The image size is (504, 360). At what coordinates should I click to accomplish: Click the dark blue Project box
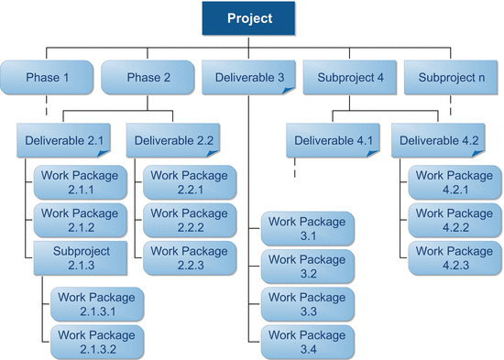pos(249,18)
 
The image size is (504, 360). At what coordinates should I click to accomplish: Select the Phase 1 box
pos(47,77)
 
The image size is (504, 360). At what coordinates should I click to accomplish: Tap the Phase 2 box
pos(148,77)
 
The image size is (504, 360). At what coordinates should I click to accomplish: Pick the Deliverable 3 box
pos(249,77)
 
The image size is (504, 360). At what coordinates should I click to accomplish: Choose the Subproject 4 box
pos(350,77)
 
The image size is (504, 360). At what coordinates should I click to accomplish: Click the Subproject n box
pos(452,77)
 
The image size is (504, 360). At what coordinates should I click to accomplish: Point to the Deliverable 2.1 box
pos(61,141)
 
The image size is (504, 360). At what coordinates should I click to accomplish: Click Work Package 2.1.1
pos(79,181)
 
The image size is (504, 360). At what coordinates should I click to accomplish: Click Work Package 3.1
pos(307,227)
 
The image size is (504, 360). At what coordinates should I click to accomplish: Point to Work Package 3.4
pos(307,341)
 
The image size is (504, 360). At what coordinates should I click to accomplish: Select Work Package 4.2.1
pos(455,181)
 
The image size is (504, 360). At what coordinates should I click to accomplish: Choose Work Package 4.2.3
pos(455,257)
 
